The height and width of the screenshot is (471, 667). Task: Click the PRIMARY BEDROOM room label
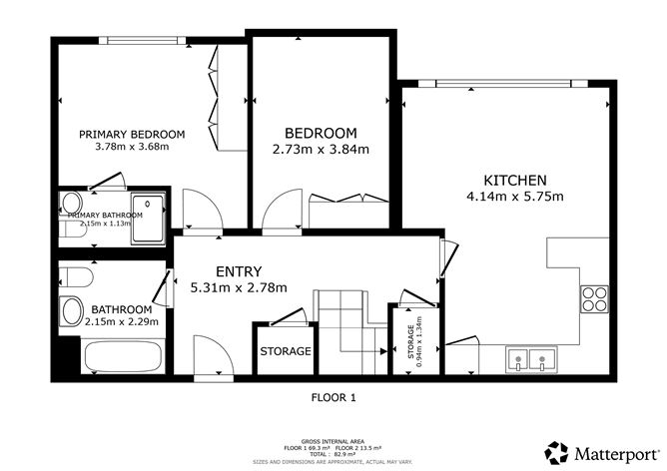click(x=132, y=135)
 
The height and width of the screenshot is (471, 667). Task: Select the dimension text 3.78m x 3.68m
click(x=132, y=147)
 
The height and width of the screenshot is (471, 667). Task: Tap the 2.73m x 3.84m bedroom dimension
click(x=321, y=151)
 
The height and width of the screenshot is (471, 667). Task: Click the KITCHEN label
click(x=515, y=181)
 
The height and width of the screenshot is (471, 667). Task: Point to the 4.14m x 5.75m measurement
click(x=515, y=196)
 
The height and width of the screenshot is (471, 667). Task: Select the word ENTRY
click(x=239, y=271)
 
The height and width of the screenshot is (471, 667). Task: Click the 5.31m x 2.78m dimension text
click(x=239, y=287)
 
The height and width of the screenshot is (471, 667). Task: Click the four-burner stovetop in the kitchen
click(x=595, y=299)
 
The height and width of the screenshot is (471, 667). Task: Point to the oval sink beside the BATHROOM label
click(x=72, y=311)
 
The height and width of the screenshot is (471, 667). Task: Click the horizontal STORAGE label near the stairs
click(x=286, y=351)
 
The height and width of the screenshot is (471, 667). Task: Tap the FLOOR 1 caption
click(x=334, y=397)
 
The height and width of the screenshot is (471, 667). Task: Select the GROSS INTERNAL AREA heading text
click(x=334, y=439)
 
